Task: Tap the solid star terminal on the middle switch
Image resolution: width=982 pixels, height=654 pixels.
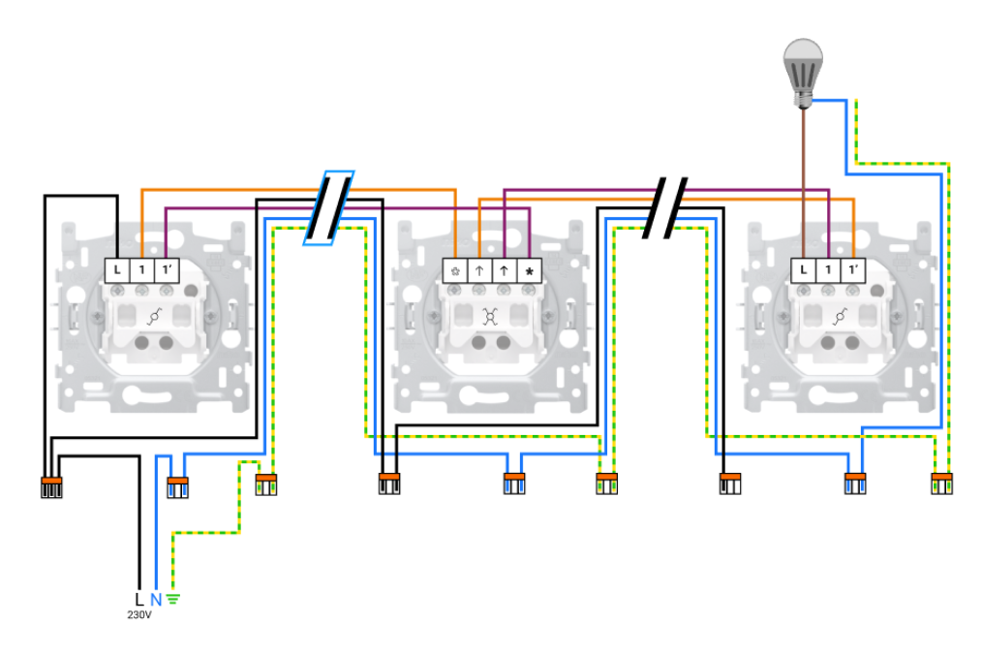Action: point(529,270)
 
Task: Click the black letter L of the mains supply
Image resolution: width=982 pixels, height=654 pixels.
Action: point(139,600)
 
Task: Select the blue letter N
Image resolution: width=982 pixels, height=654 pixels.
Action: point(156,600)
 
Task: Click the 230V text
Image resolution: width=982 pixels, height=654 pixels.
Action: point(139,615)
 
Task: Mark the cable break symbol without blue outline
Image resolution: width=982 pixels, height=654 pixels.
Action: point(665,207)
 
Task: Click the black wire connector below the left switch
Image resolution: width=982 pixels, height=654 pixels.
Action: point(51,486)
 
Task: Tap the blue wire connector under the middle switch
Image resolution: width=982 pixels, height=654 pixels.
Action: point(514,483)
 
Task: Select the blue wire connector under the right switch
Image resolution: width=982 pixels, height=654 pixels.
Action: point(853,483)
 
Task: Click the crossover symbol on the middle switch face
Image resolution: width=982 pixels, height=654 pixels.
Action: point(491,315)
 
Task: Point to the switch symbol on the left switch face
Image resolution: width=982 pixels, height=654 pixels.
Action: point(154,315)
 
